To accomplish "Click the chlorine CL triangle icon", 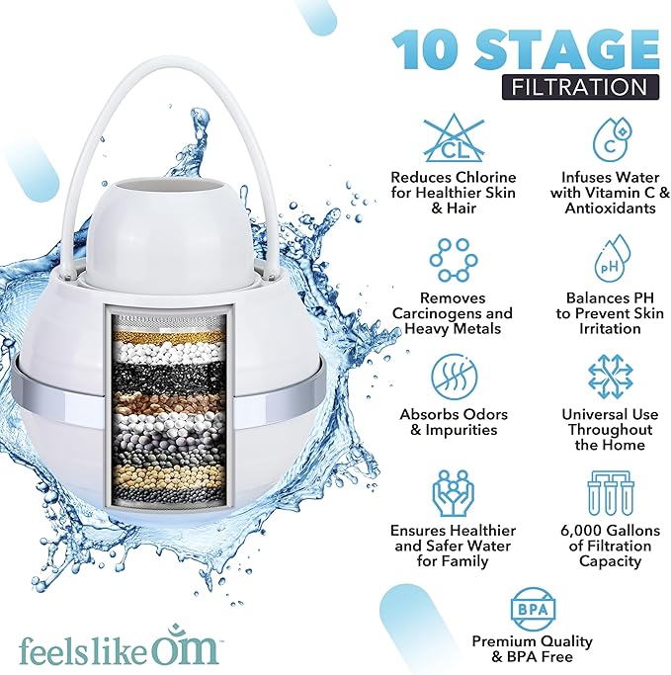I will click(x=453, y=140).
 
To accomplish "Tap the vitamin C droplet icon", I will click(x=610, y=140).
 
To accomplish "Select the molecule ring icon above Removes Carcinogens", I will click(x=453, y=260).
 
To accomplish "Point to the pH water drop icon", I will click(x=610, y=259).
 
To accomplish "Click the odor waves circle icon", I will click(x=453, y=377).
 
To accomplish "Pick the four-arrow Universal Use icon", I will click(x=610, y=377).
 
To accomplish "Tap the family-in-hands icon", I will click(x=453, y=493).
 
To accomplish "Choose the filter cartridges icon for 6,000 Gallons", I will click(x=610, y=493).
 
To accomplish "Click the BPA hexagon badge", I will click(x=532, y=607).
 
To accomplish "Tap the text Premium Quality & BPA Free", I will click(x=532, y=648).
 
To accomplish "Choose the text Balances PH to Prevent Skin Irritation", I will click(x=610, y=312).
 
